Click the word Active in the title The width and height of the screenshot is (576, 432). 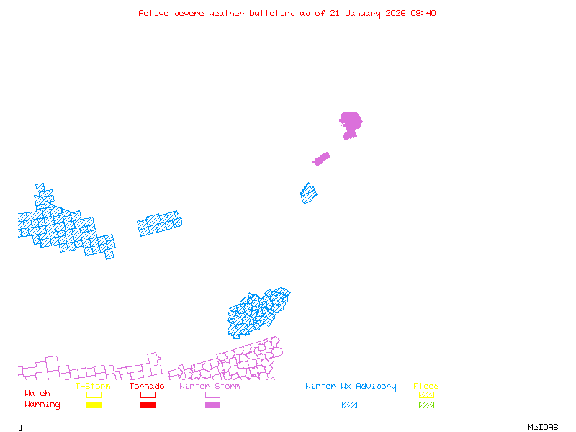(x=154, y=13)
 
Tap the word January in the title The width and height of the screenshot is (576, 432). (x=361, y=13)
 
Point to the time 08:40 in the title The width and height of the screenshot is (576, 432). (x=423, y=13)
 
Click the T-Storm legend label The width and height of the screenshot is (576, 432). (x=93, y=387)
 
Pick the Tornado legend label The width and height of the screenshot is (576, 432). (x=147, y=387)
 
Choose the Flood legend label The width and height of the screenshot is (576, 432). (x=426, y=387)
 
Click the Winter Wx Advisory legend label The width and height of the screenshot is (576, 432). (x=351, y=387)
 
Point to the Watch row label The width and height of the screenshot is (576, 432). (x=37, y=394)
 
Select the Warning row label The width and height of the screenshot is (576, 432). (x=42, y=405)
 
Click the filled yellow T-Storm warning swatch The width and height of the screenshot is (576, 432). (x=94, y=405)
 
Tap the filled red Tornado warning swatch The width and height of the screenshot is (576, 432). (x=148, y=405)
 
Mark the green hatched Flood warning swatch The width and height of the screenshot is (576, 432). (x=426, y=405)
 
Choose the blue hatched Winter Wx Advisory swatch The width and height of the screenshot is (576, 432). (x=349, y=405)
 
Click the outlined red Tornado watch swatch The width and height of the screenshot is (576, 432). (x=148, y=395)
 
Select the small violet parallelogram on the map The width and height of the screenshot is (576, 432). (x=321, y=158)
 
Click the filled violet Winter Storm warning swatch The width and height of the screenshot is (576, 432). (x=212, y=405)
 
